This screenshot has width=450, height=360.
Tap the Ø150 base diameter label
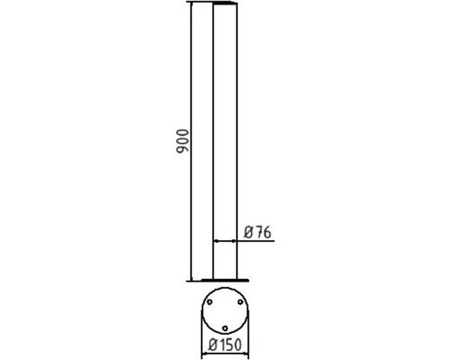(223, 344)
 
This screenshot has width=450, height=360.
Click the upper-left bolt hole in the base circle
(211, 302)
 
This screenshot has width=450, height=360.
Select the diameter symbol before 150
(211, 344)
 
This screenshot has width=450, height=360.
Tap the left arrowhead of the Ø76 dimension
(214, 242)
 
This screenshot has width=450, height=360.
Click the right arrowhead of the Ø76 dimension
(237, 242)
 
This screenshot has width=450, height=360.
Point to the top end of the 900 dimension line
(191, 4)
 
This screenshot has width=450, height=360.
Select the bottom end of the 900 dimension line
(191, 278)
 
